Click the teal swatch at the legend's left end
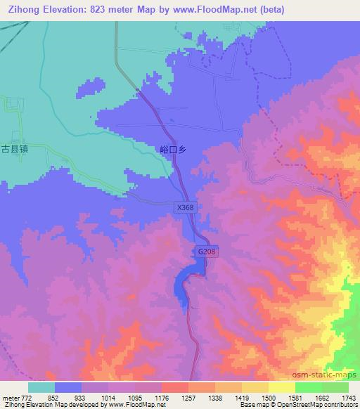[x=41, y=387]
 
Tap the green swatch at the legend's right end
[x=335, y=387]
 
